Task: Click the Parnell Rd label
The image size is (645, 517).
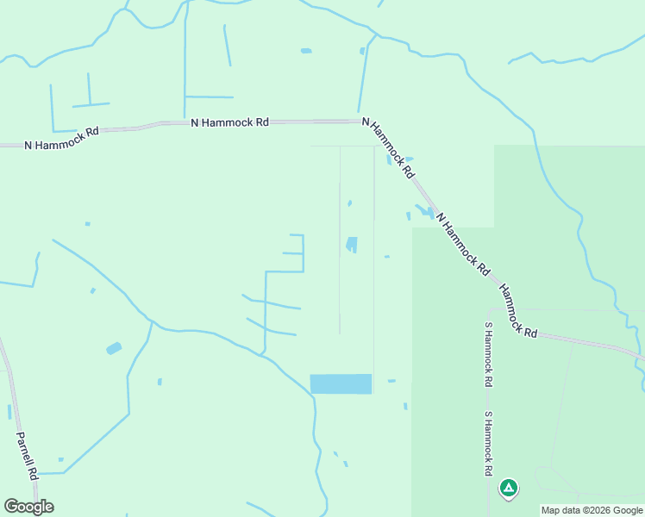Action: [27, 456]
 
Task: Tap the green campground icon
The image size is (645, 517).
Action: [509, 489]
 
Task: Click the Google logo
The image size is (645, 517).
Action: [28, 507]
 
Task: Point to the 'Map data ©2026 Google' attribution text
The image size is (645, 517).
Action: [592, 510]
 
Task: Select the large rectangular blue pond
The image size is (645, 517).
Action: [341, 383]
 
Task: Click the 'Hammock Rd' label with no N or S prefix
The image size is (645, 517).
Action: [517, 312]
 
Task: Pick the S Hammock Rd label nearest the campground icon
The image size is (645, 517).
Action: [487, 443]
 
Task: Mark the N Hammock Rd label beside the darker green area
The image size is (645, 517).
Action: [462, 244]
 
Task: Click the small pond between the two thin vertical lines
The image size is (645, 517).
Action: [352, 245]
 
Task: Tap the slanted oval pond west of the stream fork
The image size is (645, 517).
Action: [114, 348]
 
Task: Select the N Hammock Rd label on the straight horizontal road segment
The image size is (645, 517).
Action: [229, 122]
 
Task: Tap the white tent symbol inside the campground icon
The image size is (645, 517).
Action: [509, 489]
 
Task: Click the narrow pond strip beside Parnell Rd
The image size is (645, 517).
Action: [9, 412]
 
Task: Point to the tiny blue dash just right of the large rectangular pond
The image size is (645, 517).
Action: [391, 380]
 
